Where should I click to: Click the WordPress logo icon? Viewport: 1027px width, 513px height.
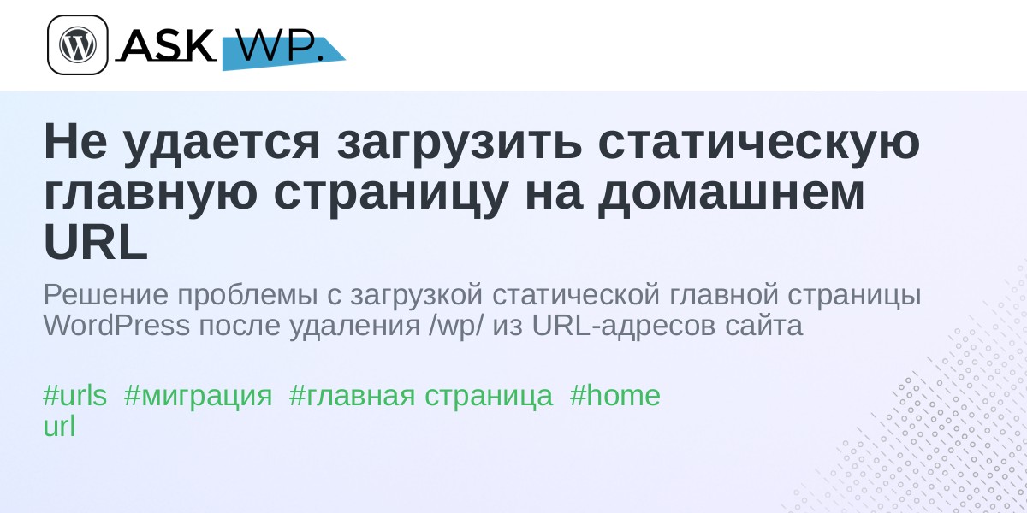pos(78,44)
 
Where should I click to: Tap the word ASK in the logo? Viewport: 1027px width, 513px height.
pos(166,44)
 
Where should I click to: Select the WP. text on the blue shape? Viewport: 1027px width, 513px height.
pos(280,45)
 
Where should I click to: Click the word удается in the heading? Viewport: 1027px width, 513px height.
pos(222,143)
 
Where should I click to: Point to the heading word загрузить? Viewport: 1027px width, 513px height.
pos(460,143)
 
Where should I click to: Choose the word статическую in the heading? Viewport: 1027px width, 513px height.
pos(759,143)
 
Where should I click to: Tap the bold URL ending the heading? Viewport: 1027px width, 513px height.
pos(96,242)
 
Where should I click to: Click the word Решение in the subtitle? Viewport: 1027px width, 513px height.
pos(106,294)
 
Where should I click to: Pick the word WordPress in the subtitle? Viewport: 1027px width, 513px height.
pos(116,326)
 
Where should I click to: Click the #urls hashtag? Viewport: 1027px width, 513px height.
pos(74,395)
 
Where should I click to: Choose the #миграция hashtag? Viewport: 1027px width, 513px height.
pos(198,397)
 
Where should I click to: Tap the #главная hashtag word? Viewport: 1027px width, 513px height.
pos(352,395)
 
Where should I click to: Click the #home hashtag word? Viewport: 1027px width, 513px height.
pos(614,395)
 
